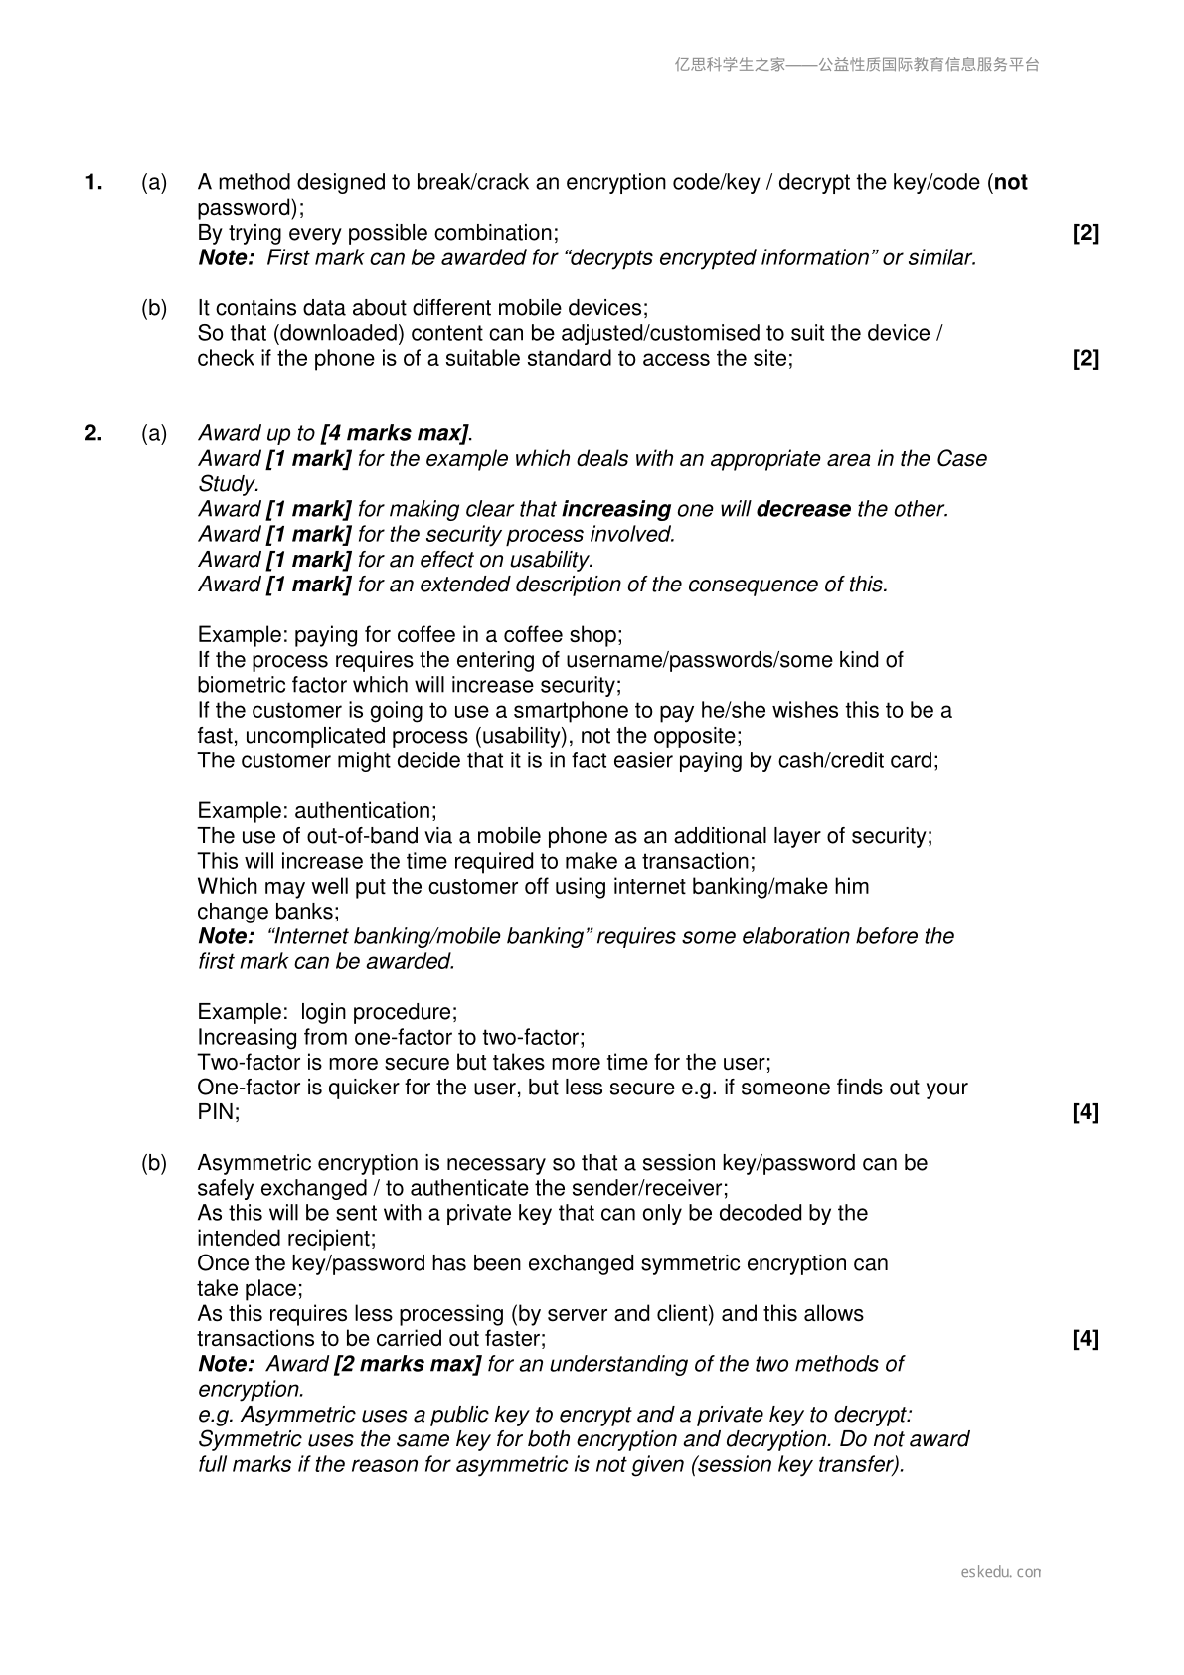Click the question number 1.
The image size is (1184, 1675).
94,182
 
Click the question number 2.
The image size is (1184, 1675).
94,433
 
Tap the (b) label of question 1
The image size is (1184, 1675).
154,308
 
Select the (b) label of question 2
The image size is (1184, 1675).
154,1163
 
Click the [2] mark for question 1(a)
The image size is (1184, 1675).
1086,233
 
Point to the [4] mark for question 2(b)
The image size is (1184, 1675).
1086,1339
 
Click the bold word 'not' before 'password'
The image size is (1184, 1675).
1011,182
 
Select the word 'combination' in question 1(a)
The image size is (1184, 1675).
501,233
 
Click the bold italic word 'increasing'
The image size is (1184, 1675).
616,509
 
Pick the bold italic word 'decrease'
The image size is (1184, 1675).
803,509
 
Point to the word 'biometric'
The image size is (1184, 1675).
241,685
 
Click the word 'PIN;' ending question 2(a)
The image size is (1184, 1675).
219,1112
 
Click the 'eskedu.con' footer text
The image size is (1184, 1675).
1001,1572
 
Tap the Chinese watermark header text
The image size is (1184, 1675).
857,65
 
